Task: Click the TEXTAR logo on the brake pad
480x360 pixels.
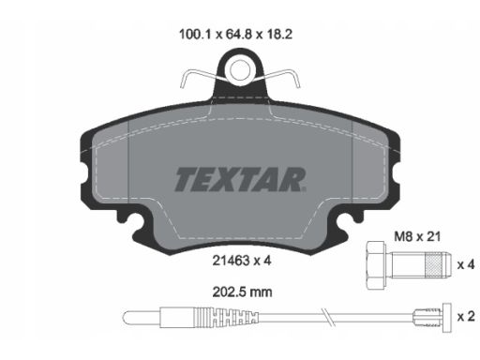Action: pyautogui.click(x=240, y=179)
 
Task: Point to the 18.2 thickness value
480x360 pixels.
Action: pyautogui.click(x=279, y=34)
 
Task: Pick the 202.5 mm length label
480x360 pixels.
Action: pyautogui.click(x=242, y=292)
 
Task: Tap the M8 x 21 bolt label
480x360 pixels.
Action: pyautogui.click(x=417, y=236)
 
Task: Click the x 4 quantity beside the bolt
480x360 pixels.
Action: pyautogui.click(x=466, y=264)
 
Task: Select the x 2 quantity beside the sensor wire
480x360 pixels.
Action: pyautogui.click(x=466, y=317)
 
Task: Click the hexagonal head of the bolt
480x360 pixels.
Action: pyautogui.click(x=375, y=265)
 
